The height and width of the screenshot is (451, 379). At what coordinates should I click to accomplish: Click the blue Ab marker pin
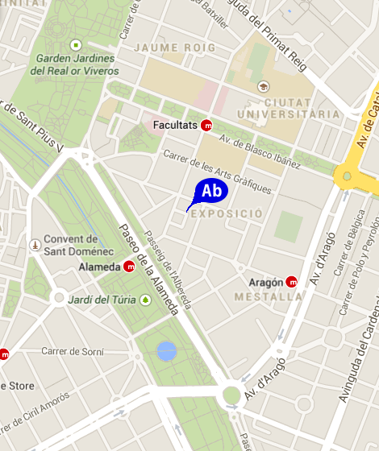[x=211, y=192]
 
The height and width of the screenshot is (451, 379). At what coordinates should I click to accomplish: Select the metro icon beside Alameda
[x=130, y=267]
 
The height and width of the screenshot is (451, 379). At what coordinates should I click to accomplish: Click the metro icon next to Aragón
[x=292, y=282]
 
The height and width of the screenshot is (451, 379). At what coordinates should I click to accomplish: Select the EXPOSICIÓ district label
[x=227, y=214]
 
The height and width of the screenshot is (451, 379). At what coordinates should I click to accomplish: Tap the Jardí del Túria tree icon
[x=145, y=300]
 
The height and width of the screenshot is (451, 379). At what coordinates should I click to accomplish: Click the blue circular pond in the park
[x=166, y=350]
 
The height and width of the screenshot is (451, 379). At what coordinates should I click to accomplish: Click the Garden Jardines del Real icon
[x=76, y=44]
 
